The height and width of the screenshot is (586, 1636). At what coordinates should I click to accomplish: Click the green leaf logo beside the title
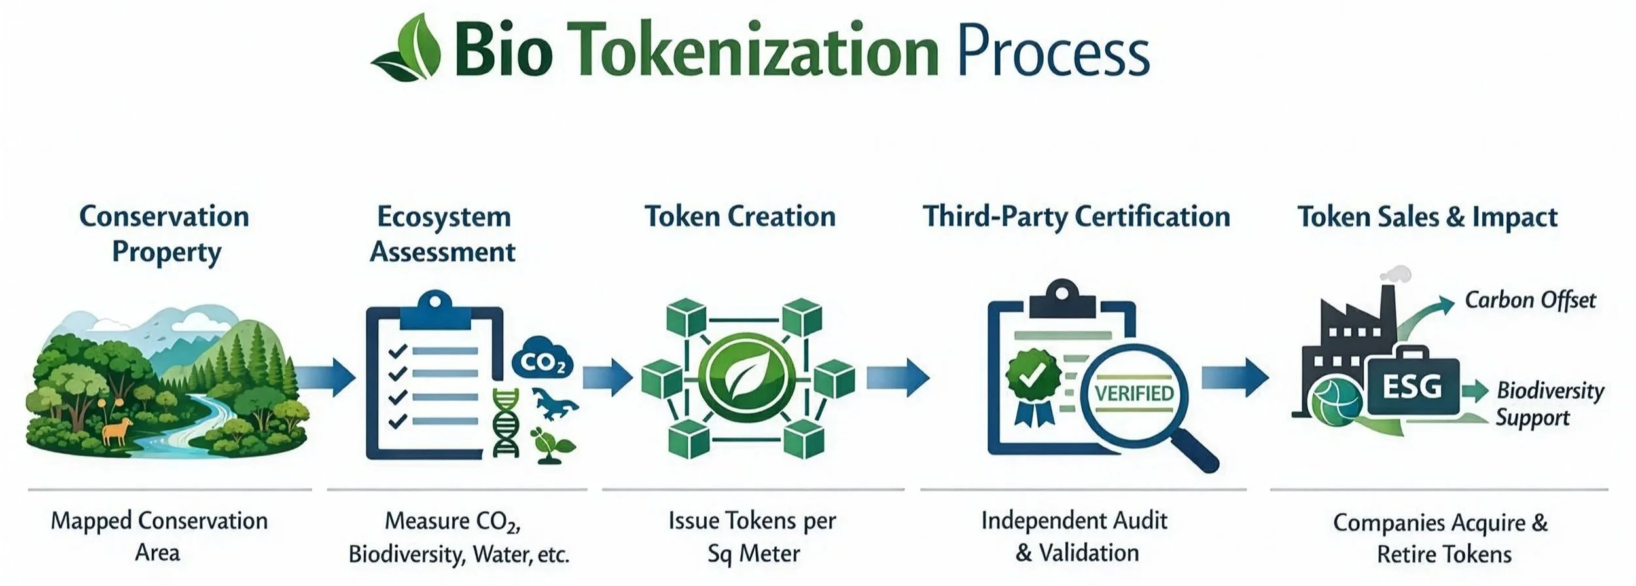(x=406, y=48)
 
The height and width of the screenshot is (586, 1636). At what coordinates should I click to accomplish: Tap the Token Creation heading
(x=740, y=217)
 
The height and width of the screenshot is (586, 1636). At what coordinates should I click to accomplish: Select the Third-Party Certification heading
(x=1076, y=217)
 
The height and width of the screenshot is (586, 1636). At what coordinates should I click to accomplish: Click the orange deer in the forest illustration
(x=117, y=431)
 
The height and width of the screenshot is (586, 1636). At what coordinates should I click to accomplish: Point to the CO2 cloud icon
(x=542, y=361)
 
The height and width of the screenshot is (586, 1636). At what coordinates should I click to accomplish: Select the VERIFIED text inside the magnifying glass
(x=1134, y=393)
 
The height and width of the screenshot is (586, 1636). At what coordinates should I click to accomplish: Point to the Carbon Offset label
(x=1530, y=301)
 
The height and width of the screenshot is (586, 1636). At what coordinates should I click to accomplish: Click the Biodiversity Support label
(x=1550, y=404)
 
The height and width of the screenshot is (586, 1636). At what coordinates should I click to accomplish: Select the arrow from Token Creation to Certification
(x=898, y=378)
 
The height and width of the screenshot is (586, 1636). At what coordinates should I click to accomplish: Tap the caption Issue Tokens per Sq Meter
(x=753, y=537)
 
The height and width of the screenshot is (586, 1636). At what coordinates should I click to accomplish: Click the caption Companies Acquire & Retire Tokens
(x=1440, y=538)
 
